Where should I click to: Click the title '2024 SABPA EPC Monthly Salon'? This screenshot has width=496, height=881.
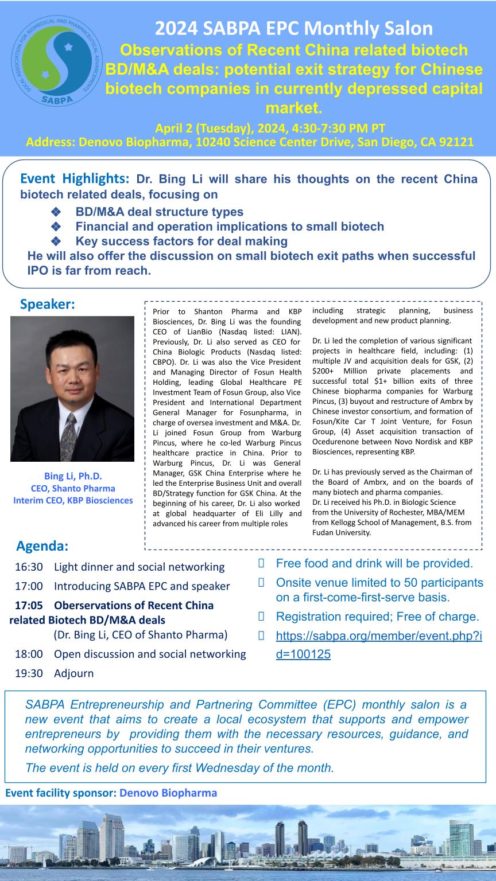pyautogui.click(x=294, y=28)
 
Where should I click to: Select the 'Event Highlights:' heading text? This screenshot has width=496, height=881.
pyautogui.click(x=75, y=178)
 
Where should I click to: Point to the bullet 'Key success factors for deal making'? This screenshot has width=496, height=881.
pyautogui.click(x=181, y=241)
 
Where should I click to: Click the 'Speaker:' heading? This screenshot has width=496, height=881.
pyautogui.click(x=48, y=305)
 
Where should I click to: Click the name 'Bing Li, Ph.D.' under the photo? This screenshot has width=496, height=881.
pyautogui.click(x=73, y=476)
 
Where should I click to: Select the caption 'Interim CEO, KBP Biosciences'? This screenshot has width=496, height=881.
pyautogui.click(x=73, y=500)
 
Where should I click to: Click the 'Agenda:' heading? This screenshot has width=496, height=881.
pyautogui.click(x=42, y=545)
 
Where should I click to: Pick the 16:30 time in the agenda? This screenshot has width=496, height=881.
pyautogui.click(x=29, y=567)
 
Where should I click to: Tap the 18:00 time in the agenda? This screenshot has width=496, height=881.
pyautogui.click(x=29, y=654)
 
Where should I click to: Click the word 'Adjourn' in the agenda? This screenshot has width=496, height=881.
pyautogui.click(x=73, y=673)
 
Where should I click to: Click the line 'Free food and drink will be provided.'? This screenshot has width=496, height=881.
pyautogui.click(x=374, y=563)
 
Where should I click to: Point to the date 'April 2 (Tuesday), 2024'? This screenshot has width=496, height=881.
pyautogui.click(x=213, y=128)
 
